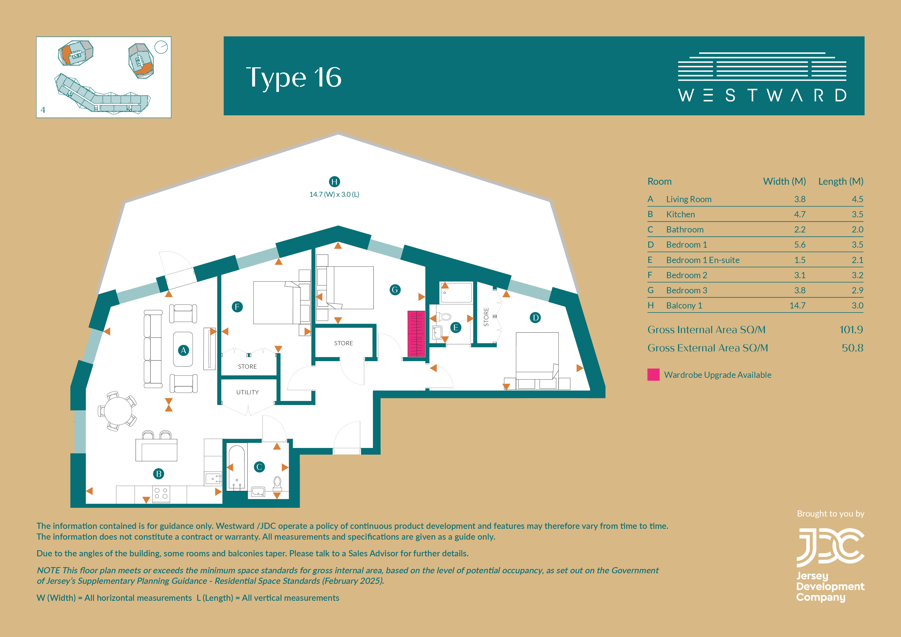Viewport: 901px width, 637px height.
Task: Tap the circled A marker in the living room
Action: [x=183, y=351]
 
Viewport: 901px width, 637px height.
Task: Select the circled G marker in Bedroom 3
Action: [x=395, y=290]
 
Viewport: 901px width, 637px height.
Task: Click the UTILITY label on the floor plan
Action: [x=247, y=392]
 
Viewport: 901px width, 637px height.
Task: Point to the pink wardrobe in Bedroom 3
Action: [x=416, y=334]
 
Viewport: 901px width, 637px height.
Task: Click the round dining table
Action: [x=118, y=411]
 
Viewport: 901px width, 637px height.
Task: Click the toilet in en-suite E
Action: [x=445, y=316]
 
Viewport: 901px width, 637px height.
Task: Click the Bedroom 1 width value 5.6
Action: [x=800, y=245]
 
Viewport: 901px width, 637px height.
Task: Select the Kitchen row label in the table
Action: [x=680, y=214]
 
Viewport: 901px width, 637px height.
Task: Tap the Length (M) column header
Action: [x=841, y=181]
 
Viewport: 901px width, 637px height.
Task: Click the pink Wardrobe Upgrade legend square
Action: [x=653, y=375]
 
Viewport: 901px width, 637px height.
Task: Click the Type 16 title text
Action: [x=294, y=77]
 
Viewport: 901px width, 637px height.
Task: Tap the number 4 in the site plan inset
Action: [x=43, y=110]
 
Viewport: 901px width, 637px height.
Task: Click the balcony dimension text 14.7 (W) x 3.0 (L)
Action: [x=334, y=194]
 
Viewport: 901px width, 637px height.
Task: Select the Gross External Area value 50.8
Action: [x=852, y=348]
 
